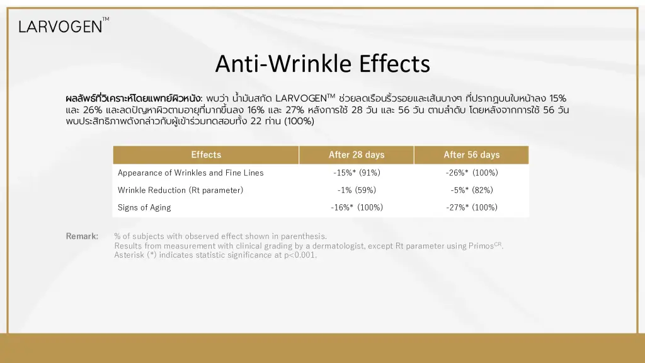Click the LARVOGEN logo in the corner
(x=64, y=25)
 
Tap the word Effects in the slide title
(x=394, y=64)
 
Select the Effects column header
(x=206, y=155)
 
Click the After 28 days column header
(x=357, y=155)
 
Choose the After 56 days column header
(x=471, y=155)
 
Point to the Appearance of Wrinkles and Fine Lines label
(x=190, y=173)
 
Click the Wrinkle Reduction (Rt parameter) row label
(x=180, y=190)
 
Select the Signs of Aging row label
(x=144, y=207)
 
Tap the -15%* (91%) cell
(x=357, y=173)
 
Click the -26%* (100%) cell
(x=472, y=173)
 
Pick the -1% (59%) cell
(x=357, y=190)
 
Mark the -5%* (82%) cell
(x=472, y=190)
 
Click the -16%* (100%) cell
(x=357, y=207)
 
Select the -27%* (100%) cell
(x=472, y=207)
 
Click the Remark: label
(x=82, y=236)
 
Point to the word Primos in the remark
(x=481, y=246)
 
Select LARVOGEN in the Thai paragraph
(x=300, y=98)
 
